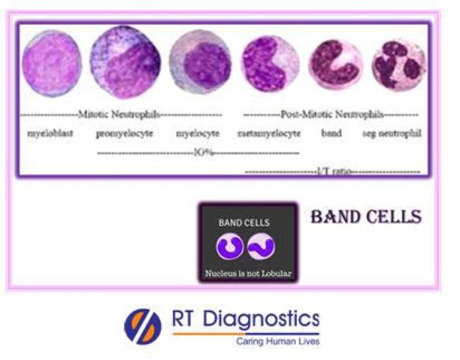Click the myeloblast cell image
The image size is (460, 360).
[52, 62]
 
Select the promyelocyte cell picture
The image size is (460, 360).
[125, 62]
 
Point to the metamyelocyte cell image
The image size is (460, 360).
[270, 63]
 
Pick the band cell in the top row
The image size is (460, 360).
[335, 66]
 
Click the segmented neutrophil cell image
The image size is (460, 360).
[398, 66]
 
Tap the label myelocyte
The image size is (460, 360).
[198, 134]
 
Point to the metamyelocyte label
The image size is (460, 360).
[269, 134]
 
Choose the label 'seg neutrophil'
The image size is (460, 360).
[392, 134]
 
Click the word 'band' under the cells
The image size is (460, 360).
[332, 134]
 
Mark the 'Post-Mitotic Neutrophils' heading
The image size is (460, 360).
[332, 115]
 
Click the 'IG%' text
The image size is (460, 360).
[198, 153]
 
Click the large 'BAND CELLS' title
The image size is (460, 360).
[365, 217]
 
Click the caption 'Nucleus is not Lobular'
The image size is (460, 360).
[248, 274]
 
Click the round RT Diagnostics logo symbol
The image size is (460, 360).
[142, 325]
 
